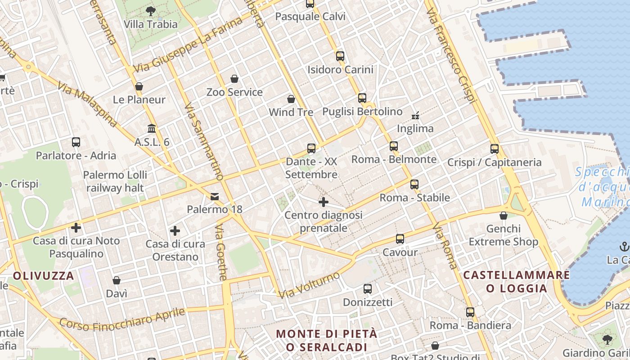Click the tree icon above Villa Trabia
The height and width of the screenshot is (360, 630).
pyautogui.click(x=151, y=10)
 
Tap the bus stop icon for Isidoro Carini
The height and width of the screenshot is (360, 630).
pyautogui.click(x=340, y=56)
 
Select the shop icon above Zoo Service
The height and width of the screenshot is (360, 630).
pyautogui.click(x=234, y=79)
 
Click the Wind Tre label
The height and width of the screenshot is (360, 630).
pyautogui.click(x=291, y=112)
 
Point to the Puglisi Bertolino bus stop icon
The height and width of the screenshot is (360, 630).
pyautogui.click(x=362, y=98)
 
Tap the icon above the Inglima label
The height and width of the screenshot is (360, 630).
pyautogui.click(x=415, y=115)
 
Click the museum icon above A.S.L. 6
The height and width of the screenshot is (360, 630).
pyautogui.click(x=152, y=129)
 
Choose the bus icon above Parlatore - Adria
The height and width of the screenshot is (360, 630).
pyautogui.click(x=76, y=142)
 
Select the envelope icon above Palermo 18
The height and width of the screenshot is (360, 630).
pyautogui.click(x=215, y=196)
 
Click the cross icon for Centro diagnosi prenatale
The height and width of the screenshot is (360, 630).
pyautogui.click(x=323, y=202)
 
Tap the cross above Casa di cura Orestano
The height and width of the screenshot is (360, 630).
pyautogui.click(x=175, y=231)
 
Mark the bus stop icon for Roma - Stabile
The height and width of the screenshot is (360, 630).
pyautogui.click(x=414, y=184)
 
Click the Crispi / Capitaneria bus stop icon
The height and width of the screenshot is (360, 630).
pyautogui.click(x=495, y=148)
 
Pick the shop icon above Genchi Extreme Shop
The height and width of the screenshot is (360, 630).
pyautogui.click(x=504, y=216)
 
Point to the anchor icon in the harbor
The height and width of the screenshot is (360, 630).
pyautogui.click(x=624, y=246)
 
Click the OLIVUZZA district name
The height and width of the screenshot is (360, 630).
pyautogui.click(x=43, y=276)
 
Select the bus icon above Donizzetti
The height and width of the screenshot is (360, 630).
pyautogui.click(x=368, y=288)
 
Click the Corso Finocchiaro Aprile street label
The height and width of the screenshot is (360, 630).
pyautogui.click(x=122, y=319)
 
